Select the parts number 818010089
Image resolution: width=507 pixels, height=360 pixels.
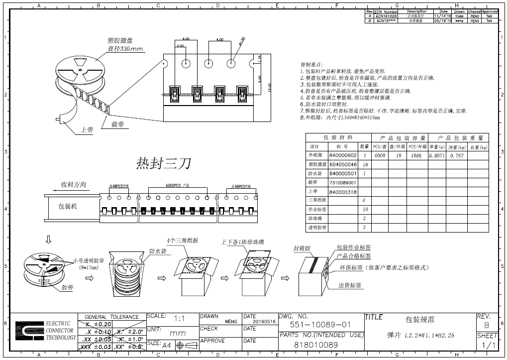(316, 345)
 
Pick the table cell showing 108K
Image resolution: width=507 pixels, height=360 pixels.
(415, 155)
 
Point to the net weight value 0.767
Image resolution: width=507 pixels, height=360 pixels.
(457, 155)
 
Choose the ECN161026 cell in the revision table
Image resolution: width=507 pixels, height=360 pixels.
(387, 16)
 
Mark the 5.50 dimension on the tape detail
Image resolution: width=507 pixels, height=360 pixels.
(260, 79)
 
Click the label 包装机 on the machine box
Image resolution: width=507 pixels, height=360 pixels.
(68, 206)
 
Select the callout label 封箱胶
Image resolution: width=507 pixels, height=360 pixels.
(303, 247)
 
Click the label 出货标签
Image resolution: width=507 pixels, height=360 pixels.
(350, 286)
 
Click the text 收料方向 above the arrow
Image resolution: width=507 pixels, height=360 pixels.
(73, 184)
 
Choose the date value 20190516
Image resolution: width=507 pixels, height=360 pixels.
(264, 322)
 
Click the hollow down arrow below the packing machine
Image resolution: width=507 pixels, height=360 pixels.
(48, 240)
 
